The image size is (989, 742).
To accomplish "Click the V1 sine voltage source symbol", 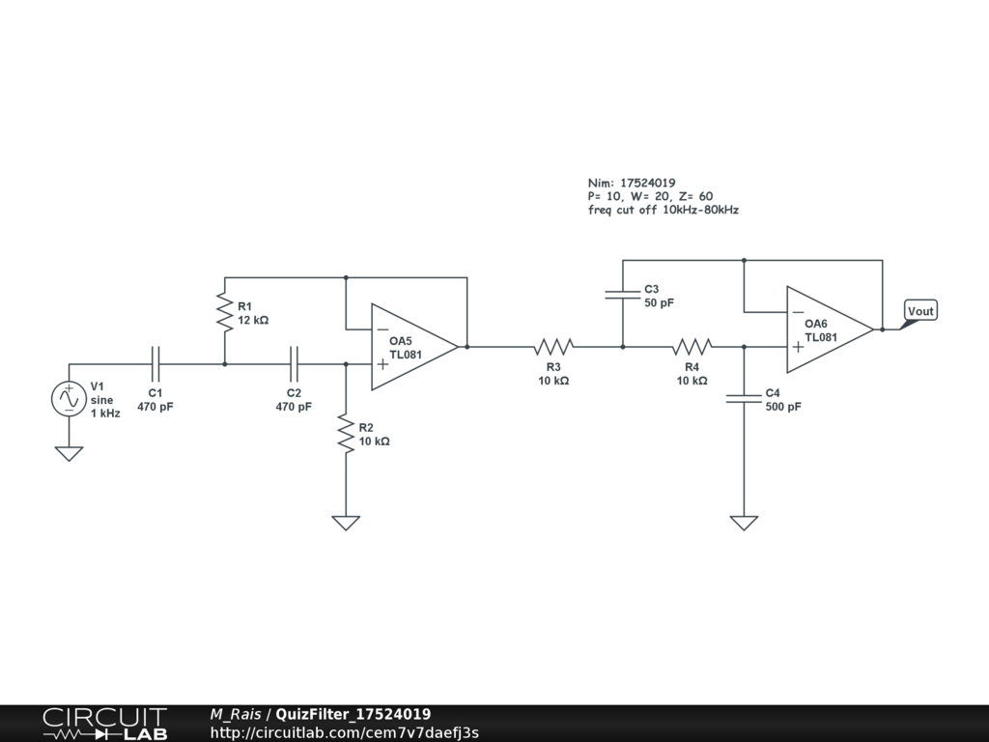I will [70, 399].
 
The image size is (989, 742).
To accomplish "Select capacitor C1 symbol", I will [155, 364].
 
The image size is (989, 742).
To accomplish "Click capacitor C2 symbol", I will [295, 364].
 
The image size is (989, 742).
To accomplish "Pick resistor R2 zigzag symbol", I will [345, 433].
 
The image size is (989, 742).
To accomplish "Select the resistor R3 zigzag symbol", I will [554, 347].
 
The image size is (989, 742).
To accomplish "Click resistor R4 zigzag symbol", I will [692, 347].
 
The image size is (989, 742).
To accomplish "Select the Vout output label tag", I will [920, 311].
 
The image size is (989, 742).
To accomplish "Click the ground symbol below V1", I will [70, 453].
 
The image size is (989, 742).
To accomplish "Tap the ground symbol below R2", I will [345, 523].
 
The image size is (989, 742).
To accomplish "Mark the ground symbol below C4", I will [744, 523].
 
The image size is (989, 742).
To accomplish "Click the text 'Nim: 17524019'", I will [632, 183].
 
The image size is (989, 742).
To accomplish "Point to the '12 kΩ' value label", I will [253, 320].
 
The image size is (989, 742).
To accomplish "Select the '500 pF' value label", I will [783, 407].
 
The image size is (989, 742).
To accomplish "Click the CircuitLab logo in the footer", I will [104, 724].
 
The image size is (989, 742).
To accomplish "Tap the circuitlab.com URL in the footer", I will [344, 732].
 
